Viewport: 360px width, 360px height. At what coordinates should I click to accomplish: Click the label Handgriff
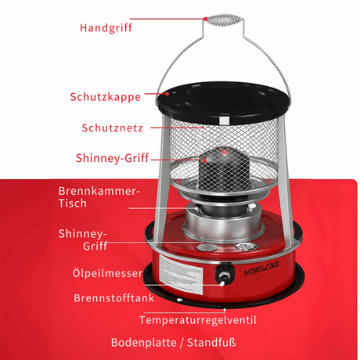tap(106, 27)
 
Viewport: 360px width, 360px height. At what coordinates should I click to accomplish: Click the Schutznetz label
tap(111, 128)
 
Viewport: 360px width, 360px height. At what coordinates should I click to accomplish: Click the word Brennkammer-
tap(99, 190)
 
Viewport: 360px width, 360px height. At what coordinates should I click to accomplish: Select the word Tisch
tap(74, 203)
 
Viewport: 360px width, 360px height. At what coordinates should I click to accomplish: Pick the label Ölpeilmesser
tap(106, 273)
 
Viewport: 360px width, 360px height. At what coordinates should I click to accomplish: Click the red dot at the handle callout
tap(205, 18)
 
